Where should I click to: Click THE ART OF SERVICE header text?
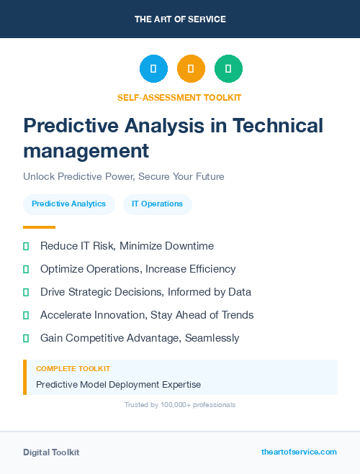pyautogui.click(x=180, y=19)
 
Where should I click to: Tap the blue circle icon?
pyautogui.click(x=153, y=68)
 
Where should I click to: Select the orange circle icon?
pyautogui.click(x=191, y=68)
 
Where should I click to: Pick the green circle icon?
pyautogui.click(x=228, y=68)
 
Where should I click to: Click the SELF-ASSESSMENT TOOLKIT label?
pyautogui.click(x=179, y=97)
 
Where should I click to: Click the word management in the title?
pyautogui.click(x=86, y=151)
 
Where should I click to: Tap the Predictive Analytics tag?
pyautogui.click(x=68, y=204)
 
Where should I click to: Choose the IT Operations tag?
pyautogui.click(x=157, y=204)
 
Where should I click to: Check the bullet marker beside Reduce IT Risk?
pyautogui.click(x=26, y=247)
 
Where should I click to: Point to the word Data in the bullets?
pyautogui.click(x=238, y=292)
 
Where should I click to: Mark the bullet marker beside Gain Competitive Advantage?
pyautogui.click(x=26, y=338)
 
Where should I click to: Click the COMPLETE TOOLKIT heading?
pyautogui.click(x=73, y=368)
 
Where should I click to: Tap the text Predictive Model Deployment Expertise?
pyautogui.click(x=118, y=385)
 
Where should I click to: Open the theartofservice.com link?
pyautogui.click(x=299, y=452)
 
